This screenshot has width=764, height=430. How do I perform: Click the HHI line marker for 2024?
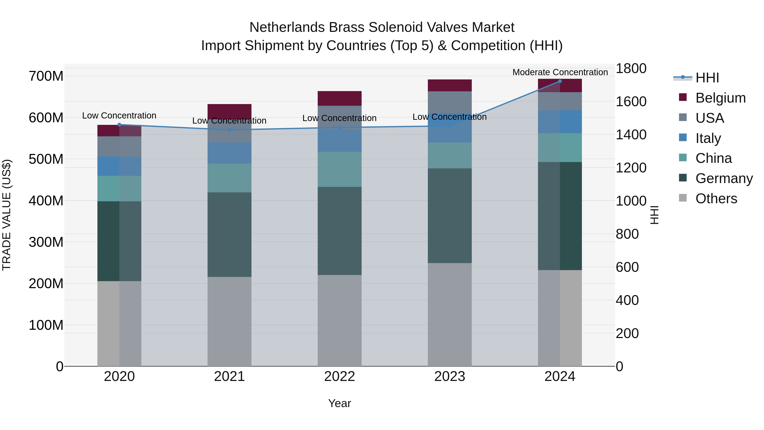click(x=560, y=81)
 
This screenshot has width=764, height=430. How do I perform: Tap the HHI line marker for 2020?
click(x=119, y=125)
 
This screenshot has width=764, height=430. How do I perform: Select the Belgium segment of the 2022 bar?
click(x=340, y=98)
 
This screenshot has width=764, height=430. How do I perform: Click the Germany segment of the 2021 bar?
click(x=229, y=234)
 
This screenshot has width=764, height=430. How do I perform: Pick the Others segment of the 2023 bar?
click(x=450, y=314)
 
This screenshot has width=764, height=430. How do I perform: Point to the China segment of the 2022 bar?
click(x=340, y=169)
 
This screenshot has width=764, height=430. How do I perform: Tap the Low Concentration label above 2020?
click(x=119, y=116)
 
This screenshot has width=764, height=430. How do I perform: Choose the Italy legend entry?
click(x=708, y=138)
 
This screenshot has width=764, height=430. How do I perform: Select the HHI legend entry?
click(x=707, y=78)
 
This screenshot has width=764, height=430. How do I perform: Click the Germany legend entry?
click(x=724, y=178)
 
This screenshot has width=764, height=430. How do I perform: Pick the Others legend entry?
click(x=716, y=199)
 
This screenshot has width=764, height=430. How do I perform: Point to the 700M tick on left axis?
click(x=46, y=76)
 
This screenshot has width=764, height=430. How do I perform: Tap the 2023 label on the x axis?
click(x=450, y=376)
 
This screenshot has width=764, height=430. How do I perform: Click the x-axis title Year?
click(x=340, y=403)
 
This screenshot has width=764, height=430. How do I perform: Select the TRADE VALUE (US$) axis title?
click(x=7, y=215)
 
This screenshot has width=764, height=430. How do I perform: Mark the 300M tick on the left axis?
click(x=46, y=242)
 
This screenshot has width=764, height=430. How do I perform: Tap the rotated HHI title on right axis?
click(x=654, y=215)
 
